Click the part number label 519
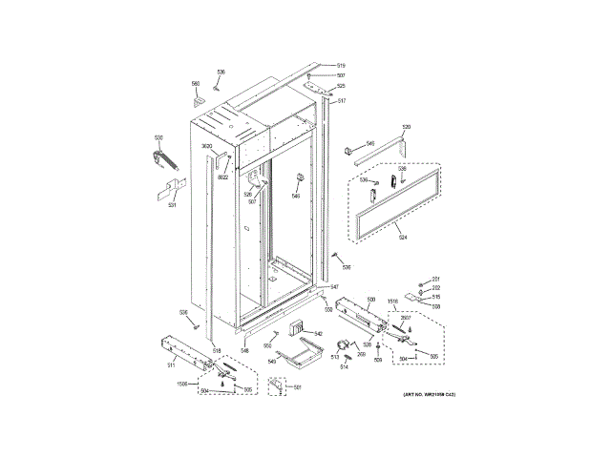pyautogui.click(x=341, y=65)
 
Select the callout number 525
pyautogui.click(x=341, y=87)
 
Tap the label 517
pyautogui.click(x=341, y=101)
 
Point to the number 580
pyautogui.click(x=195, y=82)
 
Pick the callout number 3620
pyautogui.click(x=206, y=146)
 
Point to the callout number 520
pyautogui.click(x=406, y=127)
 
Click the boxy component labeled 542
pyautogui.click(x=305, y=329)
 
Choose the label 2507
pyautogui.click(x=405, y=318)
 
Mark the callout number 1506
pyautogui.click(x=182, y=383)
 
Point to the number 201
pyautogui.click(x=434, y=278)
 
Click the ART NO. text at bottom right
pyautogui.click(x=421, y=394)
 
